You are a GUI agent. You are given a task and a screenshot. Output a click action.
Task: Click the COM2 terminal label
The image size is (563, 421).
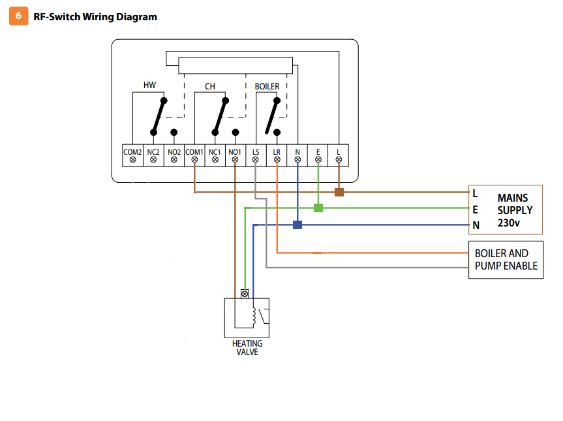(x=132, y=152)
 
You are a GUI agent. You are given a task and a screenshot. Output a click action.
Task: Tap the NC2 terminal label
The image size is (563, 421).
(x=153, y=152)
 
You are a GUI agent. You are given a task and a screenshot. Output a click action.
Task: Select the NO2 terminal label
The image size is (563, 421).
(x=174, y=152)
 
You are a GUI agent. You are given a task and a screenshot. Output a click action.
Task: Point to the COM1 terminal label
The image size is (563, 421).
(x=194, y=152)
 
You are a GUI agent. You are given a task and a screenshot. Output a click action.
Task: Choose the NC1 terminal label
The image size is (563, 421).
(x=215, y=152)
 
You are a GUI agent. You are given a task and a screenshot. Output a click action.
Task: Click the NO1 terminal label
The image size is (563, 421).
(x=235, y=152)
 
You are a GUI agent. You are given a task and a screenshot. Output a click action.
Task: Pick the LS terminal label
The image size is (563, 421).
(x=256, y=152)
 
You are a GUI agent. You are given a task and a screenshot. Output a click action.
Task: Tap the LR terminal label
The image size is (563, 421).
(x=277, y=152)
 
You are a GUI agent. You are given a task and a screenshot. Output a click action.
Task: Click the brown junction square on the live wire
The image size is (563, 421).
(x=339, y=192)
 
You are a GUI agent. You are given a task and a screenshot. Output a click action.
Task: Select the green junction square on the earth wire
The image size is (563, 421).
(x=318, y=208)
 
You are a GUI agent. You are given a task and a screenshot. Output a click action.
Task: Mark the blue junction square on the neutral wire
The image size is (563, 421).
(x=297, y=225)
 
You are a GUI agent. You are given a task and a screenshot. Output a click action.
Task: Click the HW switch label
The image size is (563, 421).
(x=149, y=86)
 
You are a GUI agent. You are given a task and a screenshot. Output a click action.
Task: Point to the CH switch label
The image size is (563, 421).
(x=210, y=86)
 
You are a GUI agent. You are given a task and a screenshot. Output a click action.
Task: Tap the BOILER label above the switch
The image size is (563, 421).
(x=267, y=86)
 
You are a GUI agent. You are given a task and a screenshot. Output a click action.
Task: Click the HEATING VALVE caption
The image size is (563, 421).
(x=247, y=348)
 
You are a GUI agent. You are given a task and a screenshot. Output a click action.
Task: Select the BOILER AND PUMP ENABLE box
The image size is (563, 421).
(x=506, y=260)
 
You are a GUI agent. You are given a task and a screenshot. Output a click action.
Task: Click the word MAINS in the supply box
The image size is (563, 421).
(x=512, y=197)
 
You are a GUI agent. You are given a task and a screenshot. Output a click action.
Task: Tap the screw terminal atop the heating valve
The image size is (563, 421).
(x=245, y=294)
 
